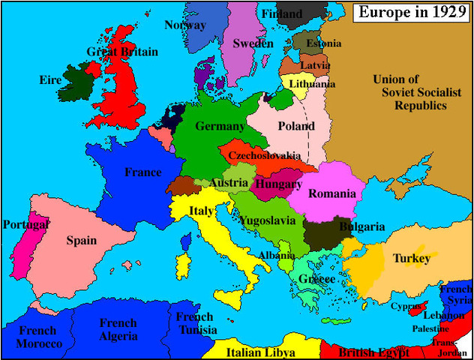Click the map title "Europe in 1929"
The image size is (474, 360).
click(412, 12)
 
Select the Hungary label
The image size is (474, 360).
click(278, 183)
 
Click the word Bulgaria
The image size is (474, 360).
click(362, 226)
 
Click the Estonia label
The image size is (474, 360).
click(324, 43)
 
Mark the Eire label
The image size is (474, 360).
click(52, 79)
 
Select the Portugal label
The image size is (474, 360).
click(26, 224)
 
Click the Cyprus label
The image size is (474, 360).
click(406, 306)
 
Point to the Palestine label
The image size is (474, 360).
click(430, 328)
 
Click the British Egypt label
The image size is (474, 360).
click(373, 352)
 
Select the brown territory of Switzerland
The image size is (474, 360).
click(181, 185)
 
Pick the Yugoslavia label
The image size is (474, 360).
click(273, 220)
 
